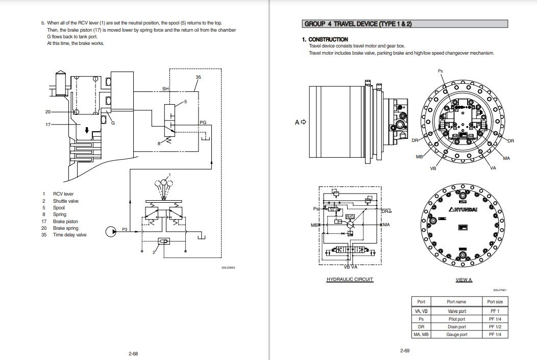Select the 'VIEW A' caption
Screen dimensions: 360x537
coord(463,280)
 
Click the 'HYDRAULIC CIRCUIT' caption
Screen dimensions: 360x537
coord(350,279)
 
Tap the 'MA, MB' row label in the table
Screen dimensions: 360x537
coord(421,334)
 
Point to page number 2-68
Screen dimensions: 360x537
coord(133,352)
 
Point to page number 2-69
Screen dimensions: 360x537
coord(405,350)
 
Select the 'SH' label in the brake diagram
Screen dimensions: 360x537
coord(165,89)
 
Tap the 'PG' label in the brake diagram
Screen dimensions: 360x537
coord(203,123)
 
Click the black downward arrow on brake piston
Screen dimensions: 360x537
coord(87,130)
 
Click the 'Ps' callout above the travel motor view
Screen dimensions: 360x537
coord(440,70)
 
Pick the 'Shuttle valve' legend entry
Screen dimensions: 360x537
coord(66,201)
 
